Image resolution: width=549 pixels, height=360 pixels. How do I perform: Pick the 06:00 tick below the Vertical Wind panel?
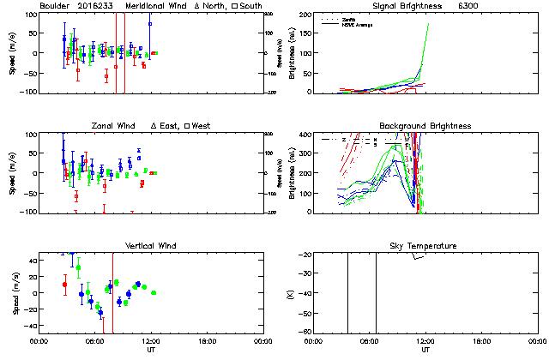pyautogui.click(x=94, y=341)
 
